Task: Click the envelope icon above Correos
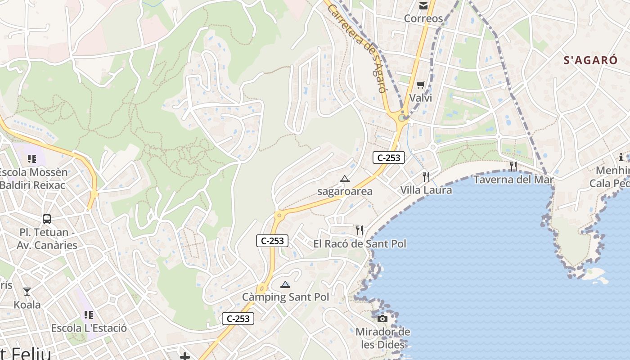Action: (423, 6)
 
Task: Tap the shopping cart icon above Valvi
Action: (421, 85)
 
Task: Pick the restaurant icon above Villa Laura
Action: (426, 176)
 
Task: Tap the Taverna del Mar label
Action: (513, 180)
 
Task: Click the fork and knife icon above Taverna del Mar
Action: (513, 166)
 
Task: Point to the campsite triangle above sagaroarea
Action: (345, 179)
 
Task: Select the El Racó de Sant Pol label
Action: (360, 243)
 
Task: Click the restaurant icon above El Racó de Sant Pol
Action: (359, 230)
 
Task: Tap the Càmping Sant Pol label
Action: (285, 297)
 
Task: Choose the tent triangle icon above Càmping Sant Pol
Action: (285, 284)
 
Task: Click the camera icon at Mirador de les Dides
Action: (382, 319)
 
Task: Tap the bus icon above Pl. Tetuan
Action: (47, 219)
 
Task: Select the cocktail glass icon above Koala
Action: (27, 292)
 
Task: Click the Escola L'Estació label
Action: (89, 328)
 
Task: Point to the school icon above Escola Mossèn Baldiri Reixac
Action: (32, 158)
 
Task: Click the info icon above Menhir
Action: (621, 157)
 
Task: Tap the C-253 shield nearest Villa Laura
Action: (389, 157)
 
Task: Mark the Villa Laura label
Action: (426, 190)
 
